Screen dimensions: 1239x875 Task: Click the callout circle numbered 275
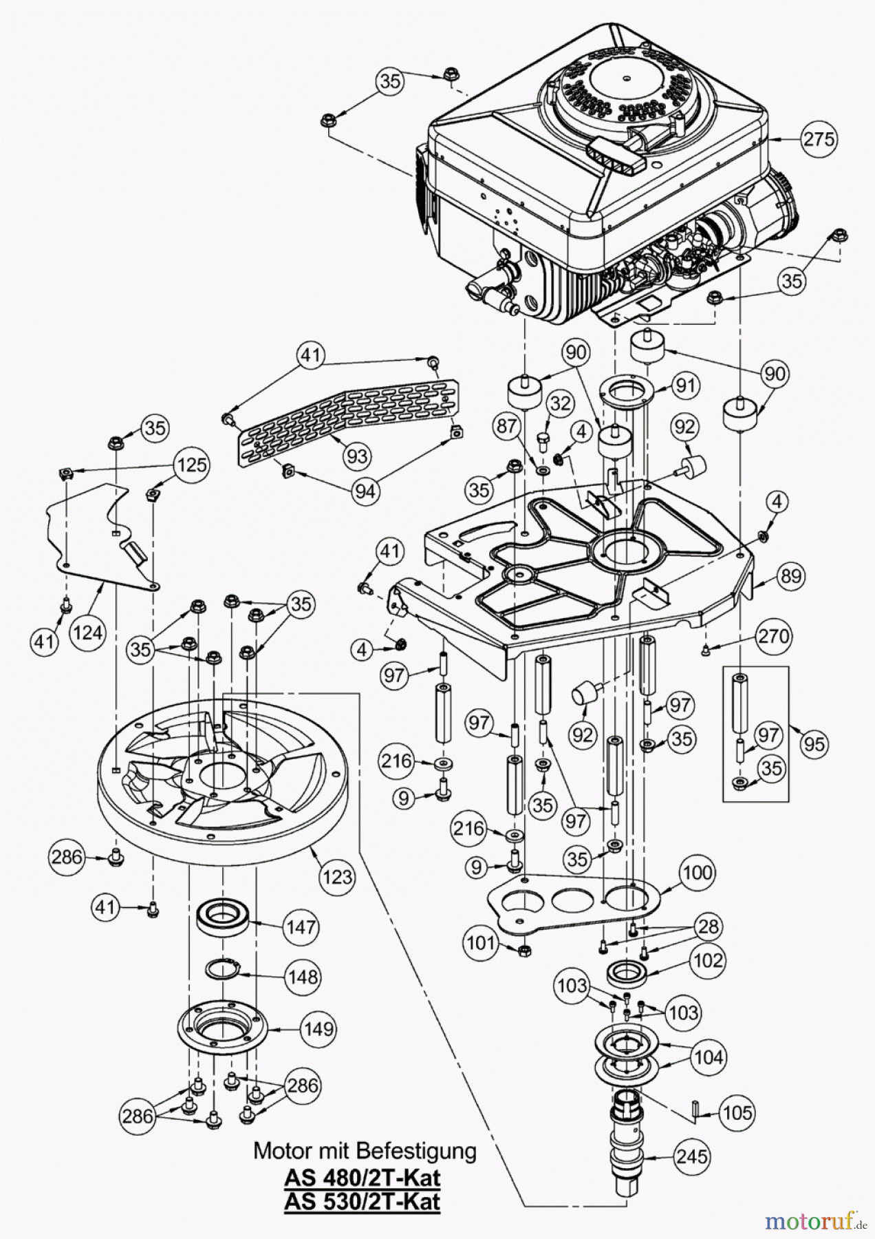pos(819,139)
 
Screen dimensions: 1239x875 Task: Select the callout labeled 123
pos(336,876)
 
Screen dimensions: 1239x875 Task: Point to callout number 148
pos(303,977)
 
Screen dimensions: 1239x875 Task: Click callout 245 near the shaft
pos(691,1157)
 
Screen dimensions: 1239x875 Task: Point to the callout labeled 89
pos(791,575)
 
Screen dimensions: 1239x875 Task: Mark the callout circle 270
pos(773,635)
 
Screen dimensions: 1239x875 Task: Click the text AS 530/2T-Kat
pos(363,1201)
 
